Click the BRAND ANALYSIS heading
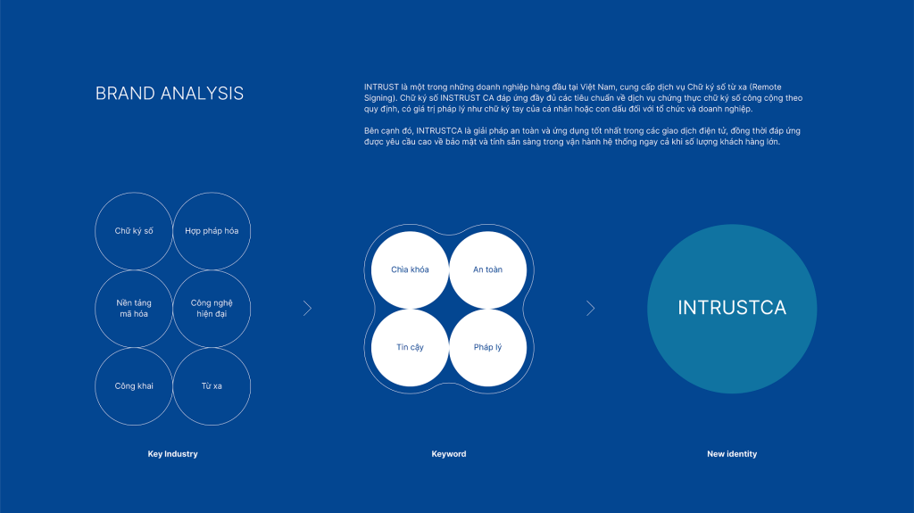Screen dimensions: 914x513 [169, 94]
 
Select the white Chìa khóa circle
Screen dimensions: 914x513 [410, 270]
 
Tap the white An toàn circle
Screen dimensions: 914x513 [488, 270]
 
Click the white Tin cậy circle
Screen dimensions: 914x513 [410, 347]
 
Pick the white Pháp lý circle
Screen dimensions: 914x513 [488, 347]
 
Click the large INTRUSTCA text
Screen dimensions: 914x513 [732, 308]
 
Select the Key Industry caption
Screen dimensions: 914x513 [172, 453]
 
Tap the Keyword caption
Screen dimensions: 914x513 [449, 453]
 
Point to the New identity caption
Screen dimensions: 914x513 [732, 453]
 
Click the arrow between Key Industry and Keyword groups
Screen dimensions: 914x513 [308, 309]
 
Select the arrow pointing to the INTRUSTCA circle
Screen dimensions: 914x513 [591, 309]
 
